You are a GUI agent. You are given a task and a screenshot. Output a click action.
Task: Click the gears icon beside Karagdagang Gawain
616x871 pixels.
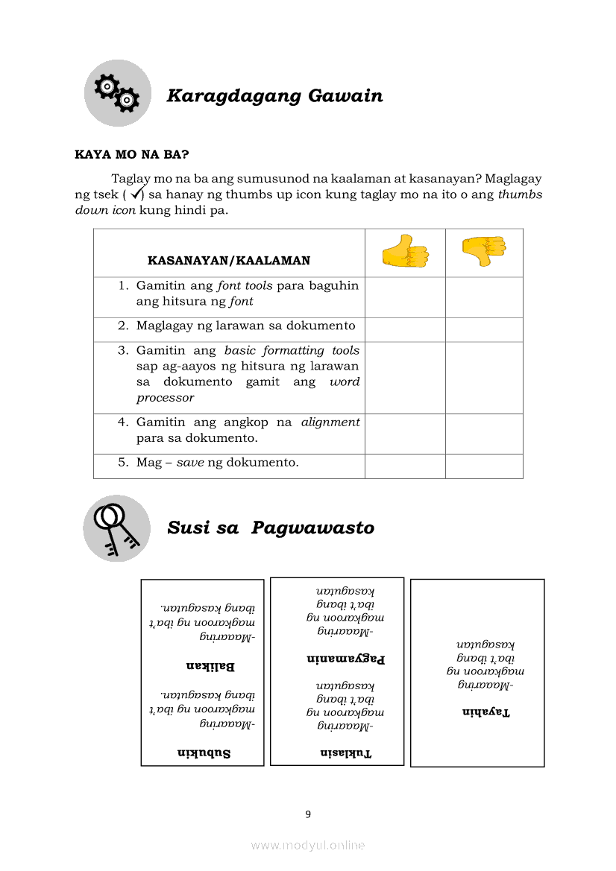117,93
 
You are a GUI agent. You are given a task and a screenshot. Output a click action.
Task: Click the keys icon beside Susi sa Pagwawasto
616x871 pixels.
116,528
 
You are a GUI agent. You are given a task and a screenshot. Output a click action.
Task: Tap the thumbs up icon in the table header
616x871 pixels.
405,251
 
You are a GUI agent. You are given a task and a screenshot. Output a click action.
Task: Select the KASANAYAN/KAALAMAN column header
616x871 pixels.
229,261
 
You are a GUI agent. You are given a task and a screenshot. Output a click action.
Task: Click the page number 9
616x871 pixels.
308,814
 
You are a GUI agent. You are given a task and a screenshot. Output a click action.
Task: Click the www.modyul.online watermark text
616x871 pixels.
308,845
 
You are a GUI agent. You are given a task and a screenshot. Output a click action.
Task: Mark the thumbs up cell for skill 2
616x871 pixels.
405,329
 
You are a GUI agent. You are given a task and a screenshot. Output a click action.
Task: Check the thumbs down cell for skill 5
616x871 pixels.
484,466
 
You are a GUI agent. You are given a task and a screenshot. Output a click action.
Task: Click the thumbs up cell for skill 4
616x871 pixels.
405,434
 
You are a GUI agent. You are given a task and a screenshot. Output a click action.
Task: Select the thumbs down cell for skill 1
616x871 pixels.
484,297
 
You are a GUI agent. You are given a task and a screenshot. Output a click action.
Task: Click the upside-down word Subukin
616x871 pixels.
204,753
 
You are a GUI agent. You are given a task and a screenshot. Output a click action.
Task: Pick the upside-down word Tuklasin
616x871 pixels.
345,753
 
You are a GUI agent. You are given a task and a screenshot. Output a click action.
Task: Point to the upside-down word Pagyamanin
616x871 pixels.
345,659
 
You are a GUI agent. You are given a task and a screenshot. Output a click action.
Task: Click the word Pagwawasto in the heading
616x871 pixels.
312,528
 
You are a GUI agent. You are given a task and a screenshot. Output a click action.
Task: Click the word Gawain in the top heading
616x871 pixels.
345,95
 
